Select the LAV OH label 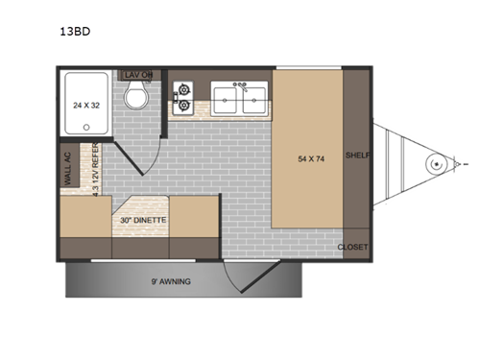[139, 75]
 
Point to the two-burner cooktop [184, 97]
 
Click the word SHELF [357, 156]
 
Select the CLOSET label [353, 248]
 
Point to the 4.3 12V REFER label [95, 169]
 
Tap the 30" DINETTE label [143, 220]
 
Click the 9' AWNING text [170, 281]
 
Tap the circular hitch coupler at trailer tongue [437, 165]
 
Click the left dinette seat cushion [84, 216]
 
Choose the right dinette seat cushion [195, 216]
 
